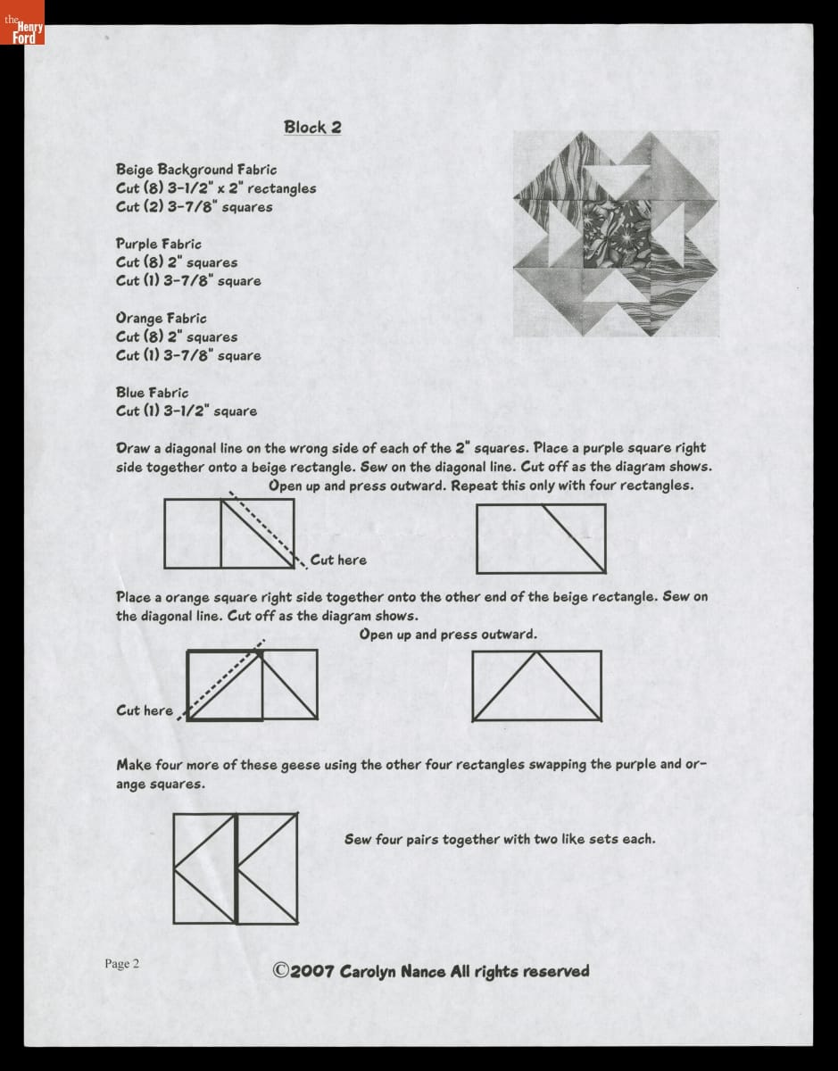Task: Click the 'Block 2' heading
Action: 312,127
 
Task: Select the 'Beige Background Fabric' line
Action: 196,169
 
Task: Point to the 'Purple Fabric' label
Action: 159,244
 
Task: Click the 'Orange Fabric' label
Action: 161,318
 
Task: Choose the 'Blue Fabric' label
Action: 152,392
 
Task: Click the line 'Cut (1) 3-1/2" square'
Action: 187,411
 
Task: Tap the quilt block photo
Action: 616,234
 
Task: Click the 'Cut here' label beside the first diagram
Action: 338,560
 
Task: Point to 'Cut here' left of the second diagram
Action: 145,710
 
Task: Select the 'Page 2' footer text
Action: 122,963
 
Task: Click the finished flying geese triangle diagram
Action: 536,685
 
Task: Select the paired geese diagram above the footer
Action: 236,868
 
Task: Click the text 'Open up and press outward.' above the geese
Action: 448,635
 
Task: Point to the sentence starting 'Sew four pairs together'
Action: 500,839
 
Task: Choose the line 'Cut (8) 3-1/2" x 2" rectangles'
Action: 216,187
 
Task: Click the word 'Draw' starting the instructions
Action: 133,448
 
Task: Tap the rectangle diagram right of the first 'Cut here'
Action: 541,538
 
